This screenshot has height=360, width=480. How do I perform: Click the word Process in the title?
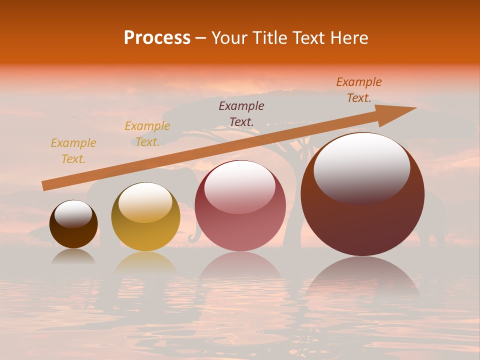coord(157,38)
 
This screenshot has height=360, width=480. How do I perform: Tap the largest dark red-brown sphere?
coord(362,200)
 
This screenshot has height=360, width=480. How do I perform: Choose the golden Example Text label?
coord(147,134)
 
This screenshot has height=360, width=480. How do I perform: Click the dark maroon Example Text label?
coord(241,113)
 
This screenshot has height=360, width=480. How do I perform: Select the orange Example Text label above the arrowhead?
coord(359,90)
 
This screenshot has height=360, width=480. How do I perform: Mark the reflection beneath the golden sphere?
coord(145,262)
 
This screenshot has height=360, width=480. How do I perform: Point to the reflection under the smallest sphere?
coord(73,256)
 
